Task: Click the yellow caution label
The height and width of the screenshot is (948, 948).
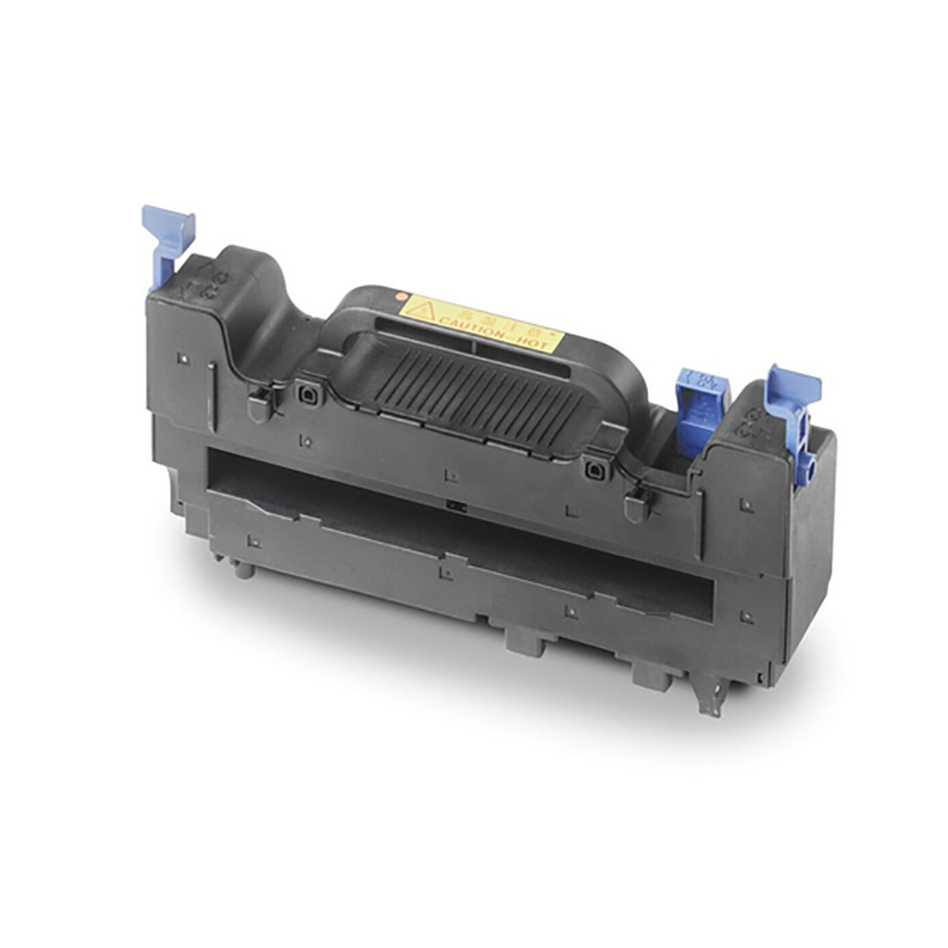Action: [481, 323]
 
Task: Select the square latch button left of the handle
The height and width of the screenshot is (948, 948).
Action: [306, 393]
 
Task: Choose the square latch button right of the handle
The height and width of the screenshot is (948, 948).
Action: [593, 470]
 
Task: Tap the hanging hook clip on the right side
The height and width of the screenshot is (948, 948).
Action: [638, 505]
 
